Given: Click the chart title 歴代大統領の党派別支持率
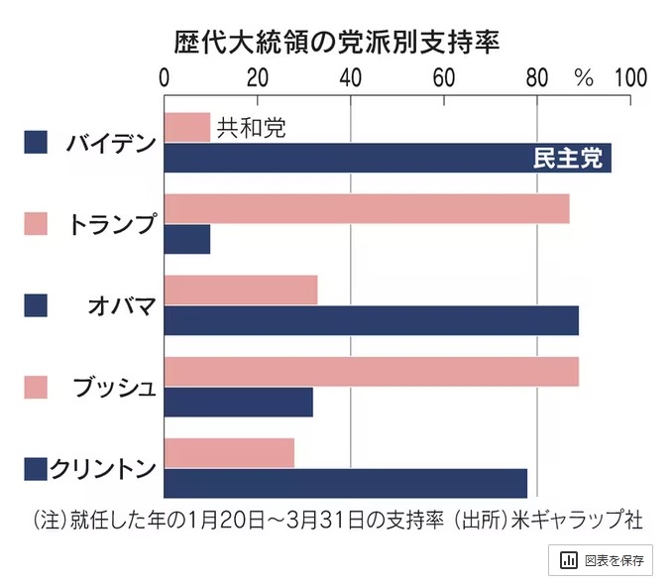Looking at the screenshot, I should [335, 42].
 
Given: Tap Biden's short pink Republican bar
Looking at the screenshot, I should [186, 127].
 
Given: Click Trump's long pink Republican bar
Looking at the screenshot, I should [366, 208].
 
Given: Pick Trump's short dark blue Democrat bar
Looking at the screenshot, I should [186, 240].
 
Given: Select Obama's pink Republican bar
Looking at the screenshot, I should [240, 290].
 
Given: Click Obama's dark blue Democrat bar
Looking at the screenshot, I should [371, 321].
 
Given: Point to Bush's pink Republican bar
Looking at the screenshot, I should [371, 371].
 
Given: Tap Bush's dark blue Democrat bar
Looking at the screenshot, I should [238, 402].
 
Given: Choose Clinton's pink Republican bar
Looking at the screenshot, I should [229, 451].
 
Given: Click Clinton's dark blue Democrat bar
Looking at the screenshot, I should [345, 483].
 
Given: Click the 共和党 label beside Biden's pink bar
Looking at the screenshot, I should [251, 127].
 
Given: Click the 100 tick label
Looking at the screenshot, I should [629, 77].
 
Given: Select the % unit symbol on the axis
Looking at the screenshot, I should [583, 78].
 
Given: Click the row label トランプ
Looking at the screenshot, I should [112, 224].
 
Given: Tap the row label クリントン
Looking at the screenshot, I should [103, 467].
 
